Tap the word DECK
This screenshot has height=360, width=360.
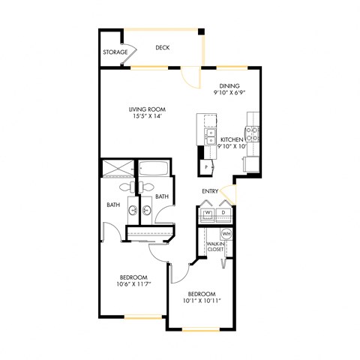point(163,48)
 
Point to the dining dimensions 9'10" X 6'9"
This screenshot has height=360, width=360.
point(229,94)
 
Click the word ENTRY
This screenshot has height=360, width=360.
point(210,191)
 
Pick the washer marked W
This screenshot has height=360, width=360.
point(208,214)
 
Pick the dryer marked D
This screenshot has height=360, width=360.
point(224,214)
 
